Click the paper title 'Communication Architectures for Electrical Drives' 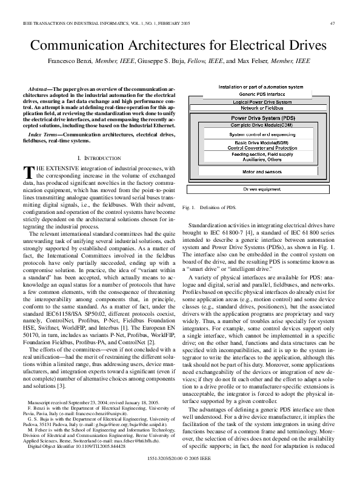179,46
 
